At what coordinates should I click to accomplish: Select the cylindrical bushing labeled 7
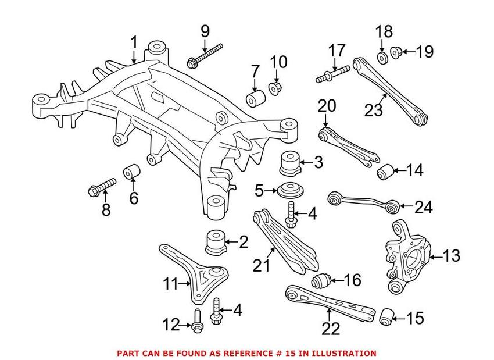point(253,98)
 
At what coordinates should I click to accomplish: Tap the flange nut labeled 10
point(275,90)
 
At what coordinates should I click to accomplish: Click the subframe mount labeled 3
point(290,163)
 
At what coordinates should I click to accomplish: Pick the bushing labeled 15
point(386,318)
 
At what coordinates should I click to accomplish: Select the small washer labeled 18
point(383,58)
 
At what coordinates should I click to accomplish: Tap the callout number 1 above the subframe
point(134,42)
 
